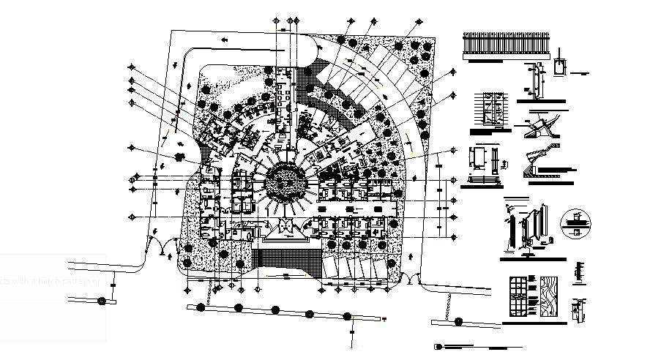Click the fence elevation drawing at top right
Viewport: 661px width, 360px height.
506,47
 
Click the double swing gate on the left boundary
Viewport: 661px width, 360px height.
162,247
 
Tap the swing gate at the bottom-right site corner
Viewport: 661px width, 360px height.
414,280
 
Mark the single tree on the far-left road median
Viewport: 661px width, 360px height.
102,300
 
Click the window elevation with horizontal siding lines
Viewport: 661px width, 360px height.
485,110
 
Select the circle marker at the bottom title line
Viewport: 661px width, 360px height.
438,346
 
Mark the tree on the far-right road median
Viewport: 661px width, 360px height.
457,321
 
